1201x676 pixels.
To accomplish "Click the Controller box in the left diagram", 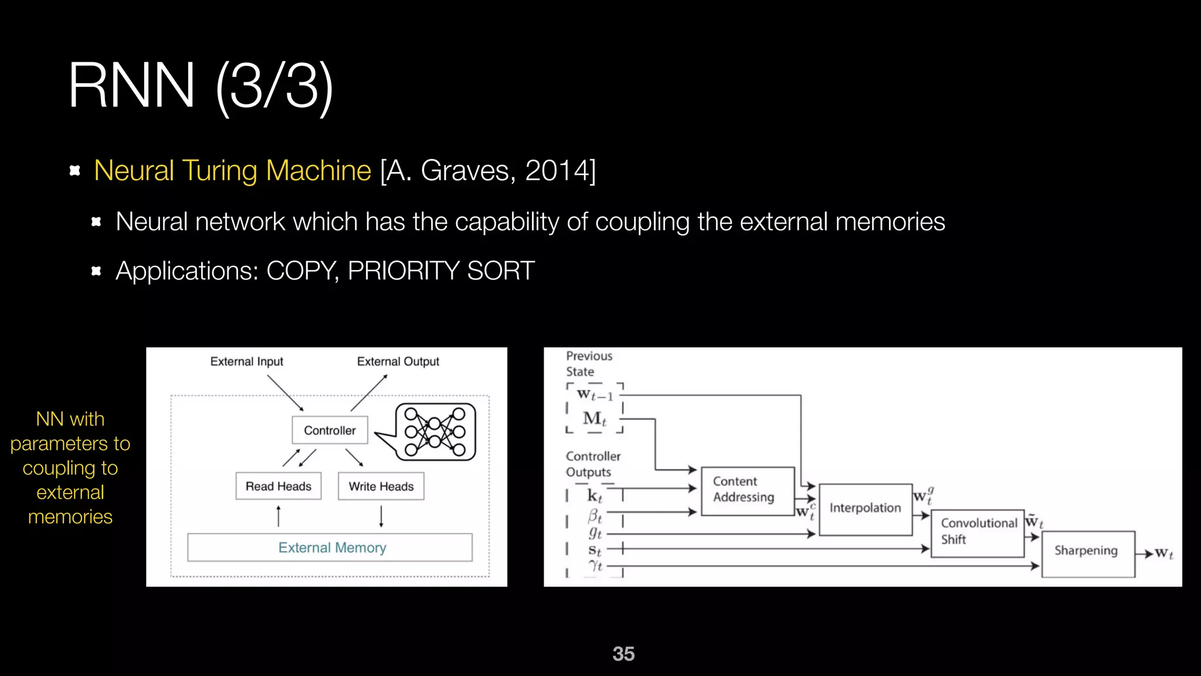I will pos(330,430).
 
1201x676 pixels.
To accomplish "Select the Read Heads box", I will pos(279,486).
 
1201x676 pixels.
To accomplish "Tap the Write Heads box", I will pos(381,486).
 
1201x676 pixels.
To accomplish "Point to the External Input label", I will pos(246,361).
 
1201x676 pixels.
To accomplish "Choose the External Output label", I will pos(398,361).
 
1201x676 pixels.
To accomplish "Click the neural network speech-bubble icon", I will pos(435,432).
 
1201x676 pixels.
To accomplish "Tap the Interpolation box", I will pos(865,509).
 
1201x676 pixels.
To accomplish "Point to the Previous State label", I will pos(588,364).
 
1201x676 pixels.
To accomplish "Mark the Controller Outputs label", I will pos(593,464).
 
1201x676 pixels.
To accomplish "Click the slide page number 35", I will pos(623,654).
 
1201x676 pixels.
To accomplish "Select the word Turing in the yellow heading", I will pos(219,171).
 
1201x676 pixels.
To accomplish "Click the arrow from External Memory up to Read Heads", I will pos(279,516).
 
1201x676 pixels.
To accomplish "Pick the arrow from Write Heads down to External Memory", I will pos(381,516).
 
